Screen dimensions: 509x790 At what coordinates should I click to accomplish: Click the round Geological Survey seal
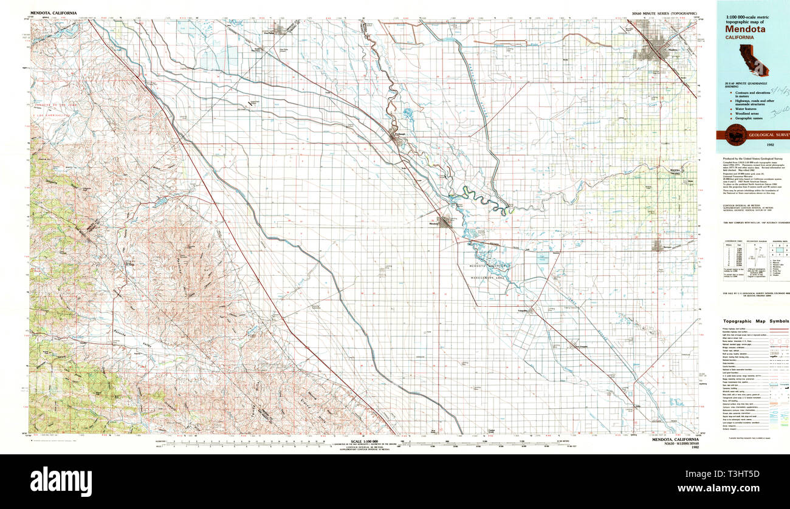click(733, 135)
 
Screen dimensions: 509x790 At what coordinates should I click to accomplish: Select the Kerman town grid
click(657, 245)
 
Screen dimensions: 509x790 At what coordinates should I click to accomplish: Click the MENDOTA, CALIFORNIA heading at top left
click(55, 12)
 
